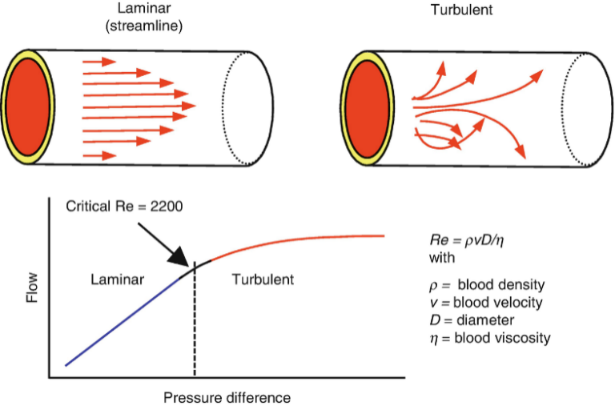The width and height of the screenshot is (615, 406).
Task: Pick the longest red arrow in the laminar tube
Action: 139,106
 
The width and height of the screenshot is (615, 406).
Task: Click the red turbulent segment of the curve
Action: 304,241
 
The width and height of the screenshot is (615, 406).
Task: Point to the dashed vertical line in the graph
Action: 195,328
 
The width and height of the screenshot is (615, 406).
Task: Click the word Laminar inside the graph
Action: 117,279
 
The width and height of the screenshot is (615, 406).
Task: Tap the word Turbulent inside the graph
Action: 262,279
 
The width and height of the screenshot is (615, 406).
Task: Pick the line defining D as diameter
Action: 473,320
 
